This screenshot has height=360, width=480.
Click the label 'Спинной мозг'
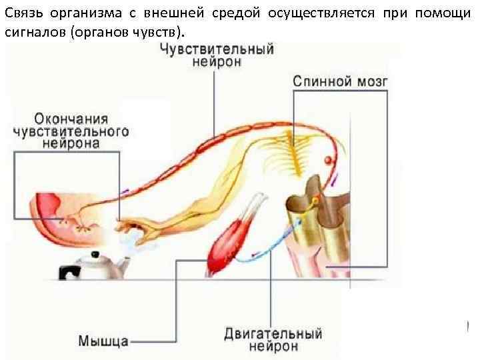pos(340,82)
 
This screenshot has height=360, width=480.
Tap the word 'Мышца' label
pos(104,341)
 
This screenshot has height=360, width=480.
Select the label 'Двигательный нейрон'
pos(273,339)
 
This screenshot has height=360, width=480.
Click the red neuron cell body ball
pos(328,159)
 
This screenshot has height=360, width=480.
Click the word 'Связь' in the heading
pos(25,15)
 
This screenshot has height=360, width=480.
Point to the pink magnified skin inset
pos(63,217)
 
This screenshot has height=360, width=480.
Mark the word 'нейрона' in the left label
pos(71,143)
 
